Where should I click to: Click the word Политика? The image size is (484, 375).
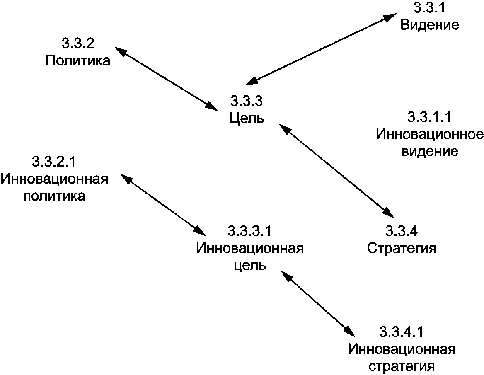click(x=78, y=61)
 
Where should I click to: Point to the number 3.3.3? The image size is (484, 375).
click(x=247, y=101)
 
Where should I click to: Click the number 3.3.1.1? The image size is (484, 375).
click(x=429, y=117)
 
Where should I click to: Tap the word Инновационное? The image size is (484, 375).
click(x=430, y=135)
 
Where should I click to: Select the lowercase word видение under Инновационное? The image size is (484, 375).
click(x=431, y=152)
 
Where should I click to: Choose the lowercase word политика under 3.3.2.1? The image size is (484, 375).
click(x=54, y=196)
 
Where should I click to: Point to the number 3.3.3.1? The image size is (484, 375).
click(x=250, y=230)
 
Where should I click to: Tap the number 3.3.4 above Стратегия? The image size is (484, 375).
click(x=402, y=230)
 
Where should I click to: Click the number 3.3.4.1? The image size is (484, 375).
click(x=402, y=332)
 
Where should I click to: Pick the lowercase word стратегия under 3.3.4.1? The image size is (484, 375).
click(x=402, y=367)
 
